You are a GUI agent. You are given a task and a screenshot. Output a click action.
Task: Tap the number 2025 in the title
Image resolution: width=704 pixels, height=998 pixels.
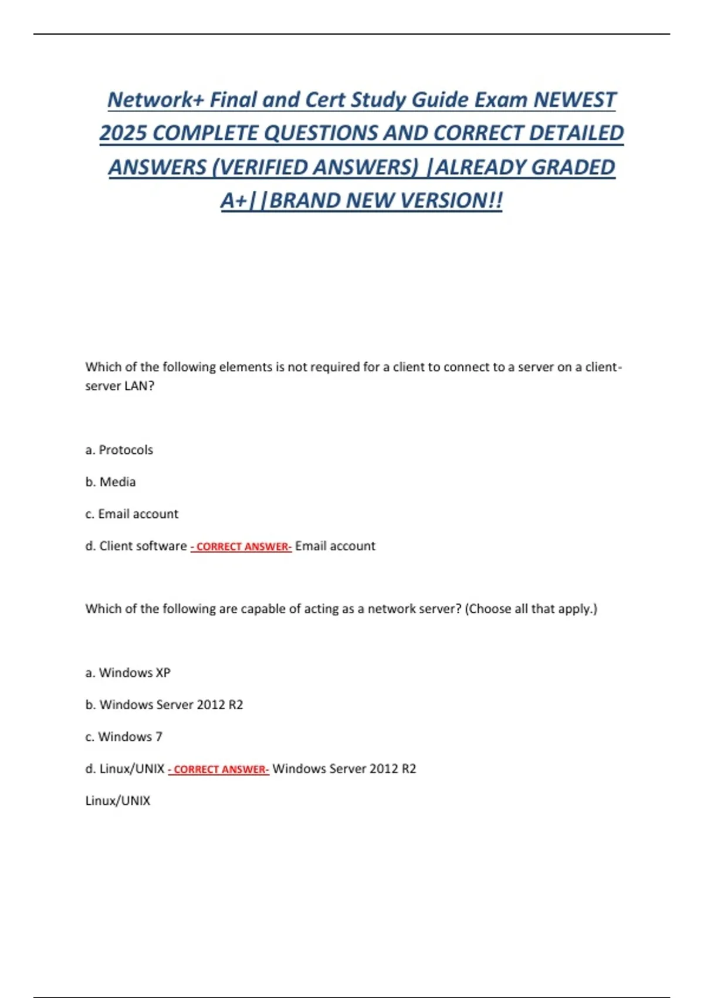[x=123, y=133]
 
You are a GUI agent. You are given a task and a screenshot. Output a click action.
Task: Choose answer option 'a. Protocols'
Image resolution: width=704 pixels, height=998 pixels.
[x=119, y=450]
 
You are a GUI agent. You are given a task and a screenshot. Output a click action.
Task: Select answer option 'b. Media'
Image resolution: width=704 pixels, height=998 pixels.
[x=110, y=482]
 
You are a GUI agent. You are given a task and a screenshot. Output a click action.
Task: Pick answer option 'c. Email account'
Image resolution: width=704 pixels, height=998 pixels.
[x=131, y=514]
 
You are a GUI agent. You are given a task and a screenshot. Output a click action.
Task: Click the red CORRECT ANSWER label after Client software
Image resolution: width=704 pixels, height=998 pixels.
[x=241, y=547]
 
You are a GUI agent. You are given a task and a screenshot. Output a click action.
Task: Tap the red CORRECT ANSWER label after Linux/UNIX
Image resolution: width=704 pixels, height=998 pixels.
[x=219, y=770]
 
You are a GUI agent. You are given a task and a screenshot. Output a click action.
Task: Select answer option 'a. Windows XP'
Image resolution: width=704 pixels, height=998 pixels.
[x=128, y=673]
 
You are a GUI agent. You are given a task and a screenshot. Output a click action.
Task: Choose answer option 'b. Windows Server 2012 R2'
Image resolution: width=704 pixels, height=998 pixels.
[x=164, y=704]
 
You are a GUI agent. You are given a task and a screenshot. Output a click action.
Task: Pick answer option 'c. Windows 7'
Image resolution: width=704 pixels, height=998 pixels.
[x=124, y=737]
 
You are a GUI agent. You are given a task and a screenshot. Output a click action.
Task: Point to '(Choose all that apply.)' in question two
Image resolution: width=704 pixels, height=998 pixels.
[x=531, y=609]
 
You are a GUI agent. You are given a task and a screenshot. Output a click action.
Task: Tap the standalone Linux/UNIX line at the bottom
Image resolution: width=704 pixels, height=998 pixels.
[x=118, y=801]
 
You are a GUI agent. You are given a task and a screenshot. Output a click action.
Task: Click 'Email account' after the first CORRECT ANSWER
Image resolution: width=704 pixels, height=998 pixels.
[x=335, y=546]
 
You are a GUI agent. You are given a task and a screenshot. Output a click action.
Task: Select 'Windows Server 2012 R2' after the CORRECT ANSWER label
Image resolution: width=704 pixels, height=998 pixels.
[x=344, y=768]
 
